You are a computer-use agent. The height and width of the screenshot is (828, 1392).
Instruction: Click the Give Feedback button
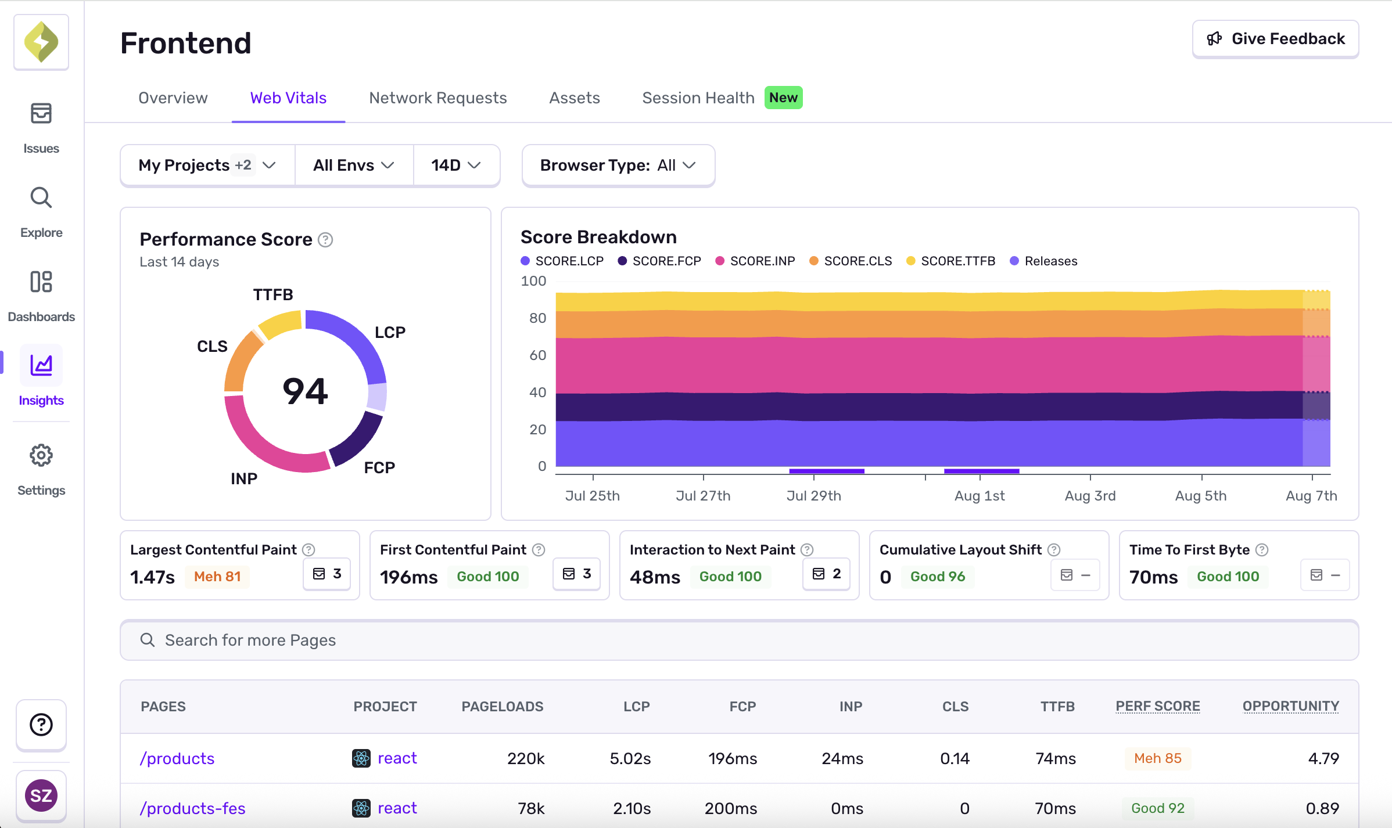[1275, 39]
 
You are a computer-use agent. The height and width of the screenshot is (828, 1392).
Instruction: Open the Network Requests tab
[437, 98]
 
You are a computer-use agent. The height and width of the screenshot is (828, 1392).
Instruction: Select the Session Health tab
[698, 98]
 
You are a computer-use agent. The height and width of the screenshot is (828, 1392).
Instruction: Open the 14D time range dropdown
[455, 165]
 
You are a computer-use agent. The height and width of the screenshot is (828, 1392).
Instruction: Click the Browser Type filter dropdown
[618, 165]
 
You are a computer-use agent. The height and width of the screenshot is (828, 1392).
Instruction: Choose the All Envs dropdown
[353, 165]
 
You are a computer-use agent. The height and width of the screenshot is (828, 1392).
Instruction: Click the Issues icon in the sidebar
[41, 114]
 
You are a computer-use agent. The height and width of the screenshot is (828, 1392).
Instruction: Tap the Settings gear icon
[41, 456]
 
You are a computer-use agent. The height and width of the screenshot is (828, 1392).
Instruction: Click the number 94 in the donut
[306, 391]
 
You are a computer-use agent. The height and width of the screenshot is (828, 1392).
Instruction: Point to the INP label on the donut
[244, 478]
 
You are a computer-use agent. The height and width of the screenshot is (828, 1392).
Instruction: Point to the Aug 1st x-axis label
[980, 496]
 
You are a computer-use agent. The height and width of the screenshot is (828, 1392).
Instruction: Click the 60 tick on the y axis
[537, 355]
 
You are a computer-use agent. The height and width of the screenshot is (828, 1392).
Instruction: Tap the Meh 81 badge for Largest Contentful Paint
[217, 577]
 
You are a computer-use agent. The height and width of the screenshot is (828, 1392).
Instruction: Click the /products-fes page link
[192, 808]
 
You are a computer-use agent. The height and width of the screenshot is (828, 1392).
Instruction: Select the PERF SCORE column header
[1157, 706]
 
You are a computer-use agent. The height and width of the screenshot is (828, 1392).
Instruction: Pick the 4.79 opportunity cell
[1323, 758]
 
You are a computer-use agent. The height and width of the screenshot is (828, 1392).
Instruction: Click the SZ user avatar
[41, 795]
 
